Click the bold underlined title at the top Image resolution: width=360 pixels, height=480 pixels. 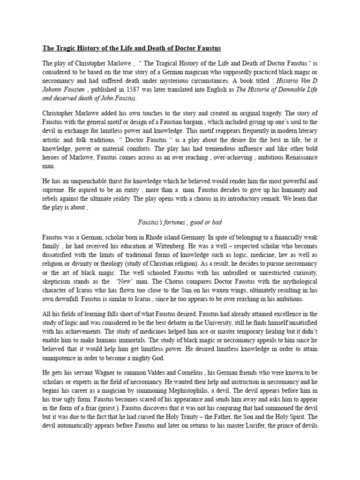click(x=132, y=49)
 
